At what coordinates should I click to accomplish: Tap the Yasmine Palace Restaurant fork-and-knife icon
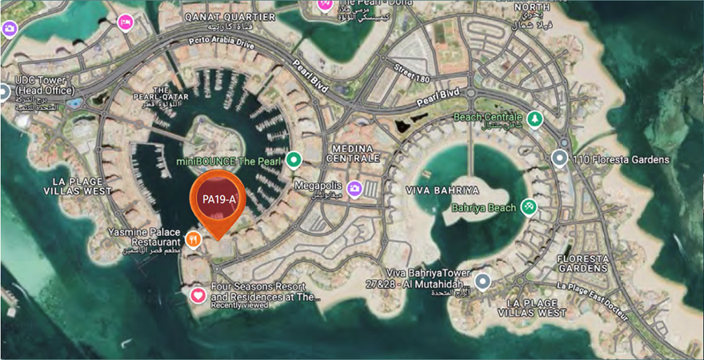tap(193, 238)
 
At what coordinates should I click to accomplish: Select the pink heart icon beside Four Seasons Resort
tap(198, 296)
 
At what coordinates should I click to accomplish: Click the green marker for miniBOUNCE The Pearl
tap(294, 160)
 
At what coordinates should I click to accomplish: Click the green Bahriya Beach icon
tap(528, 207)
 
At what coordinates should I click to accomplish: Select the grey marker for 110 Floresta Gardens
tap(560, 159)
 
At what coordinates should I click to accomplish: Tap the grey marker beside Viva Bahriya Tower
tap(482, 281)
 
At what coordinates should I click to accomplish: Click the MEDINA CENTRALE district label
tap(354, 154)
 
